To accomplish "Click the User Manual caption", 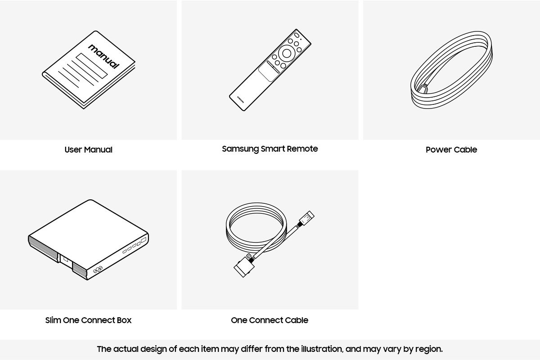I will pyautogui.click(x=88, y=150).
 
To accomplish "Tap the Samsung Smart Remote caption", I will pyautogui.click(x=270, y=149).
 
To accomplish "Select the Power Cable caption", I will pyautogui.click(x=451, y=150).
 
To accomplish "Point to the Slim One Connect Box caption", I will pyautogui.click(x=88, y=320).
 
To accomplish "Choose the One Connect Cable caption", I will pyautogui.click(x=269, y=320).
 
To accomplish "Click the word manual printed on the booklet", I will pyautogui.click(x=104, y=56).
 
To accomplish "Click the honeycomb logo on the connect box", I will pyautogui.click(x=98, y=270).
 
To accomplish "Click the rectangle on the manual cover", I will pyautogui.click(x=92, y=65).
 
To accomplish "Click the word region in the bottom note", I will pyautogui.click(x=429, y=349).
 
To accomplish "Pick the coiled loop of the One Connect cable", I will pyautogui.click(x=256, y=225).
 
